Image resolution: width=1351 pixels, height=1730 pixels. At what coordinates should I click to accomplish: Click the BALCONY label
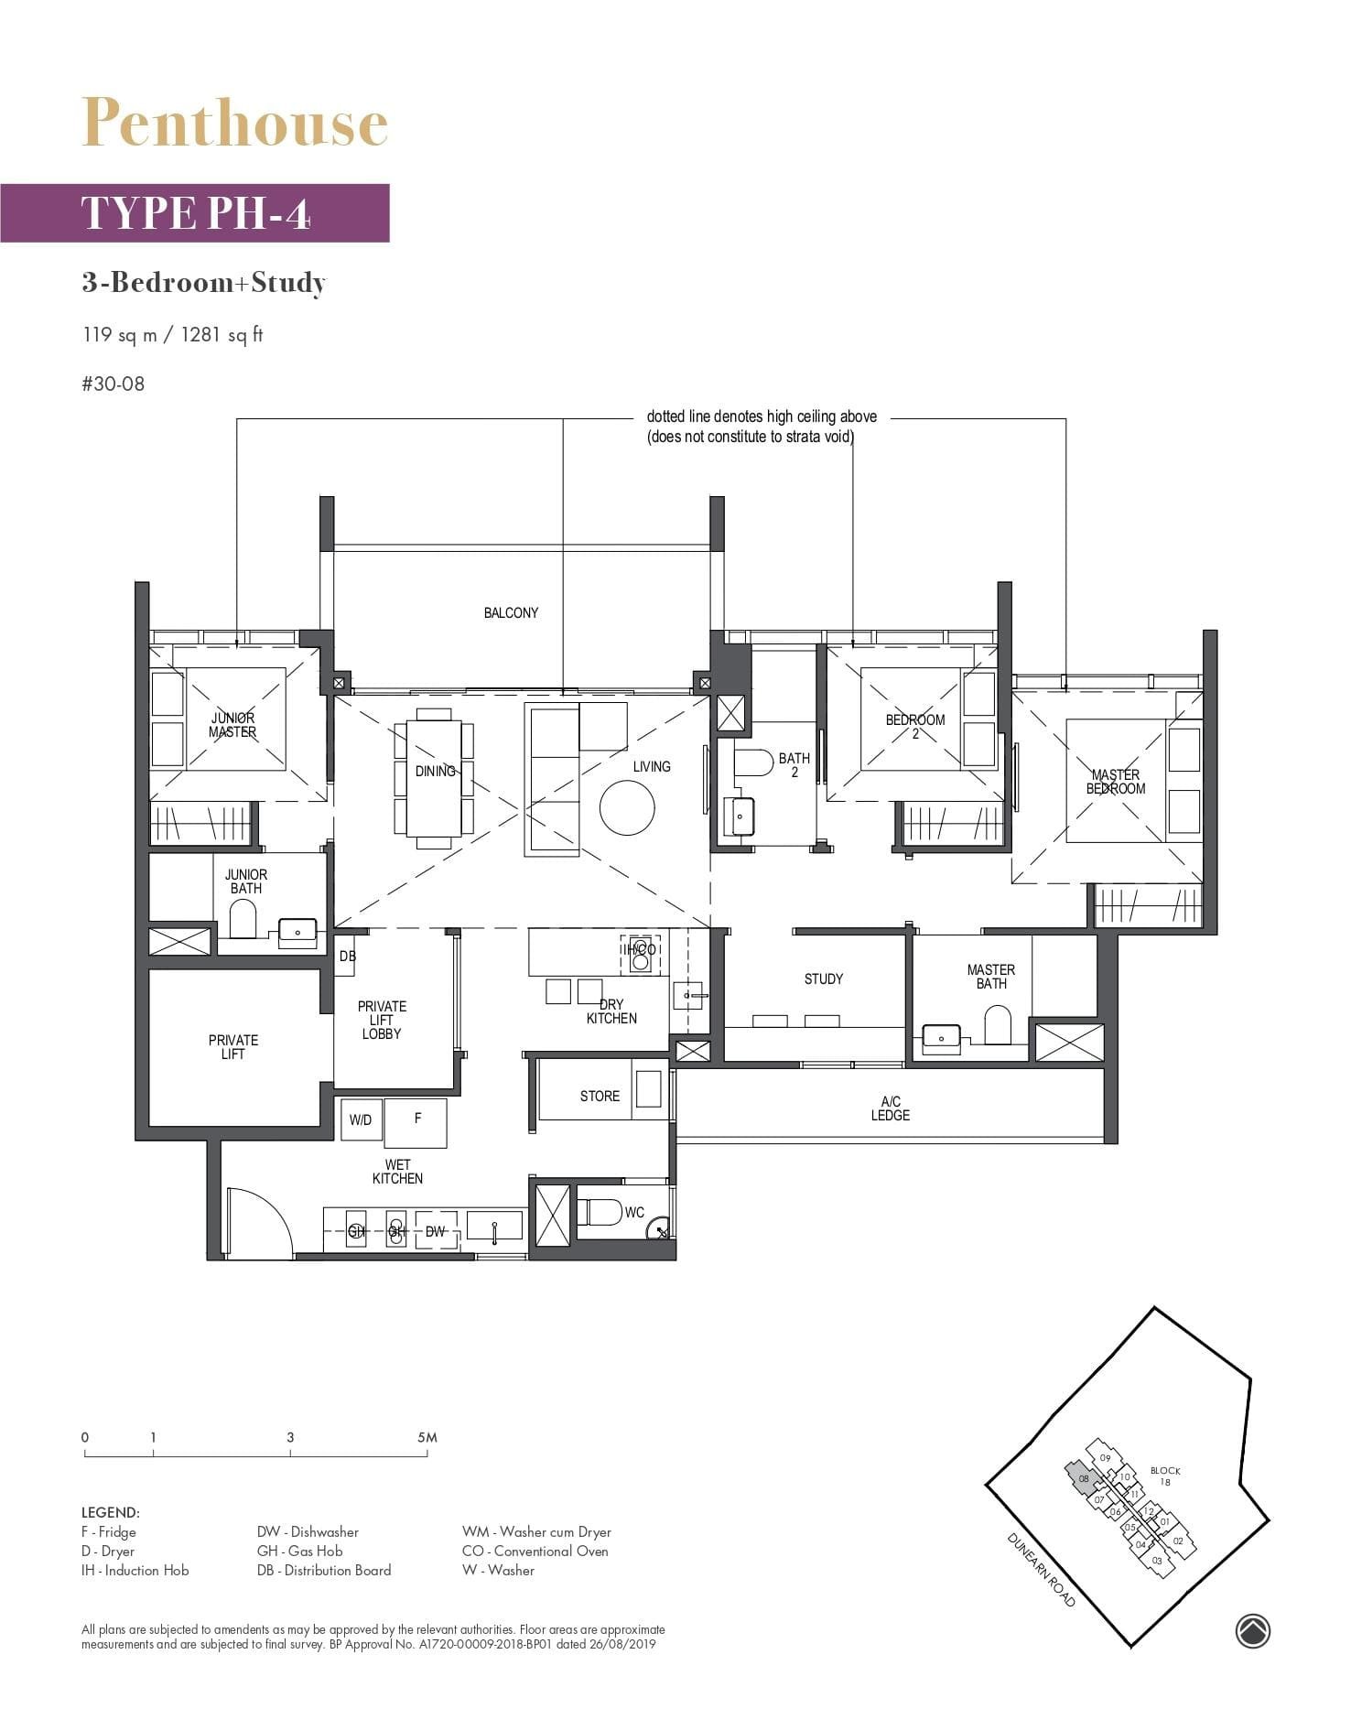pos(511,612)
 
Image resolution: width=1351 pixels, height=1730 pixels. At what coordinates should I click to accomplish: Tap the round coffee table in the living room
pos(627,807)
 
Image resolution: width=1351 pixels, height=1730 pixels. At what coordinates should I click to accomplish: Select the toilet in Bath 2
pos(753,762)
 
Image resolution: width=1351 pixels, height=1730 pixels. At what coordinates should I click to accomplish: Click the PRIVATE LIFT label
pos(233,1046)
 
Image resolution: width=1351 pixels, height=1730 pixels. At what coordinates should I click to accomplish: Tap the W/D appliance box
pos(362,1119)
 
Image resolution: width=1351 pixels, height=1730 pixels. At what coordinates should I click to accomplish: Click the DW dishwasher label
pos(436,1231)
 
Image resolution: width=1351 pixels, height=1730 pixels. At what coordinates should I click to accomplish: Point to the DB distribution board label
pos(347,956)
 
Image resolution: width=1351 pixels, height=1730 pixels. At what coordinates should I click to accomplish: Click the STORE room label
pos(600,1096)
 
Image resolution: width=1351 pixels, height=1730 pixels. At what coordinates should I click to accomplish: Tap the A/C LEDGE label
pos(890,1108)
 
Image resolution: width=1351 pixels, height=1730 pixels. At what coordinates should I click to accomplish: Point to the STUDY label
pos(823,979)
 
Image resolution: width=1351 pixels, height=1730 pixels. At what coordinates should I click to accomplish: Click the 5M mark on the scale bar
pos(427,1438)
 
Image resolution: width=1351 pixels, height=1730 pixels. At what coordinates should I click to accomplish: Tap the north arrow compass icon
pos(1252,1630)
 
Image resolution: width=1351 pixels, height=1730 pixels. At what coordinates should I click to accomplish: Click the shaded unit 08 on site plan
pos(1084,1478)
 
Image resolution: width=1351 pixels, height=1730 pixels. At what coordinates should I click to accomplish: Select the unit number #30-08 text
pos(113,384)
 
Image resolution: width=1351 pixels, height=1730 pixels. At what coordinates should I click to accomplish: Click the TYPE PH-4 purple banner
pos(195,212)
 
